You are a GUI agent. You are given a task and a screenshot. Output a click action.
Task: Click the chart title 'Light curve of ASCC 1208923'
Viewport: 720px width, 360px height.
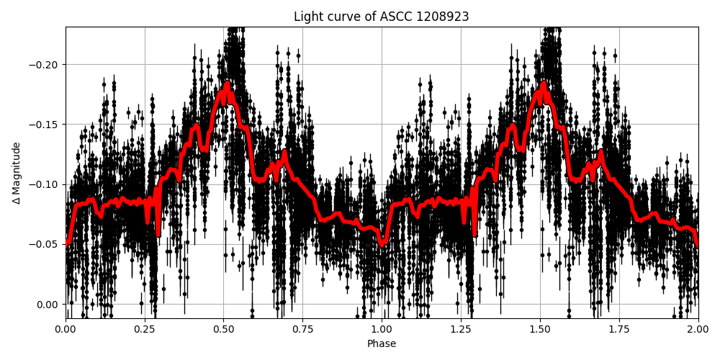pyautogui.click(x=381, y=17)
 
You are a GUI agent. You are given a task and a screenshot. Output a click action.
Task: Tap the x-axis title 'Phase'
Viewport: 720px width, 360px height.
pyautogui.click(x=381, y=343)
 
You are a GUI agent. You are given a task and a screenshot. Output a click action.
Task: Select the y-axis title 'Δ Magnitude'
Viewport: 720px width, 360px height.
pyautogui.click(x=17, y=173)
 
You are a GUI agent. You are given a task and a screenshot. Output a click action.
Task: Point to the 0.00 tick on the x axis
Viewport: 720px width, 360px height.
pyautogui.click(x=66, y=329)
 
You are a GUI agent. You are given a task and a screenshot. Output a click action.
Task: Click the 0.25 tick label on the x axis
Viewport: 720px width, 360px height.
pyautogui.click(x=145, y=329)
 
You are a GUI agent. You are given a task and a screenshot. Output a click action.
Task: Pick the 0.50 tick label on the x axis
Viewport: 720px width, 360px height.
pyautogui.click(x=224, y=329)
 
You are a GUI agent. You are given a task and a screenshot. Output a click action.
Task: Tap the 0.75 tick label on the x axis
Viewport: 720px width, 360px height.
pyautogui.click(x=302, y=329)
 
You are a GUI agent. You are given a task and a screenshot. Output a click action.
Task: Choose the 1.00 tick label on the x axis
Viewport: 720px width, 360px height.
pyautogui.click(x=382, y=329)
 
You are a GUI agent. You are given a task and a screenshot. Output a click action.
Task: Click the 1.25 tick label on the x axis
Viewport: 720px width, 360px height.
pyautogui.click(x=461, y=329)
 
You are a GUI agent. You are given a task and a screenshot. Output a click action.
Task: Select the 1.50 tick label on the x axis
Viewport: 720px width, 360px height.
pyautogui.click(x=540, y=329)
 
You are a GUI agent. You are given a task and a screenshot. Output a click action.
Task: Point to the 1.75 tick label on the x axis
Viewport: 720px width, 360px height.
pyautogui.click(x=618, y=329)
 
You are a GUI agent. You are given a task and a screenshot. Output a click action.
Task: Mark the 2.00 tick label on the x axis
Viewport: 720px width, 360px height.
pyautogui.click(x=698, y=329)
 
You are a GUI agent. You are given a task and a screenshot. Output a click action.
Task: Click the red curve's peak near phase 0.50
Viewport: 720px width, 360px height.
pyautogui.click(x=227, y=85)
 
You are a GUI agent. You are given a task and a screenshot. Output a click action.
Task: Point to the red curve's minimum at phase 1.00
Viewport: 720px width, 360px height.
pyautogui.click(x=382, y=244)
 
